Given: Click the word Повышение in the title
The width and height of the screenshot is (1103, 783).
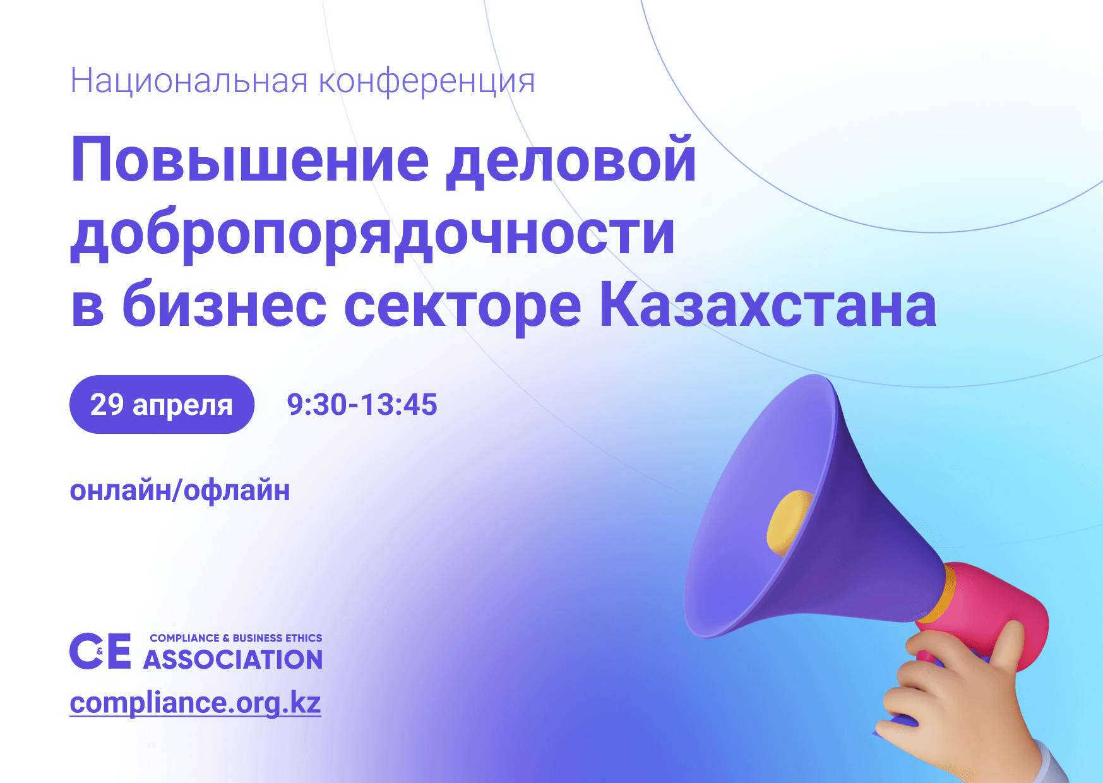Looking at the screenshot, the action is (250, 159).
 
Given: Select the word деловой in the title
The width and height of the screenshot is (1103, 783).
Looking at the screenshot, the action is (571, 160).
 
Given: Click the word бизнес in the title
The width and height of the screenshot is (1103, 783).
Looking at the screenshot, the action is (224, 305).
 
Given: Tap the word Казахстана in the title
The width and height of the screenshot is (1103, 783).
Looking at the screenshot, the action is (767, 305).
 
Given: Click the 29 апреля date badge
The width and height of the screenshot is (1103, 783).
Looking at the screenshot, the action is (162, 404).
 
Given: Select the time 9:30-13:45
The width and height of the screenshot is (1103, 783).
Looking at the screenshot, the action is (362, 405).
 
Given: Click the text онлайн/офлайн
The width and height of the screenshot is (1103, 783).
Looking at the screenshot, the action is (180, 491).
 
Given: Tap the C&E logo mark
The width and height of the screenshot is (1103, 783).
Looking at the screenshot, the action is (100, 650).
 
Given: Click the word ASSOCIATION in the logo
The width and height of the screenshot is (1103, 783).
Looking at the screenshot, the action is (233, 659).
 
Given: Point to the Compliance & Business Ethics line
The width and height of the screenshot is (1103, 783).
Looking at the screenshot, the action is (236, 638).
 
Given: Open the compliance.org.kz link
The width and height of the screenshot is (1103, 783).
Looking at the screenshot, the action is (195, 703).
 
